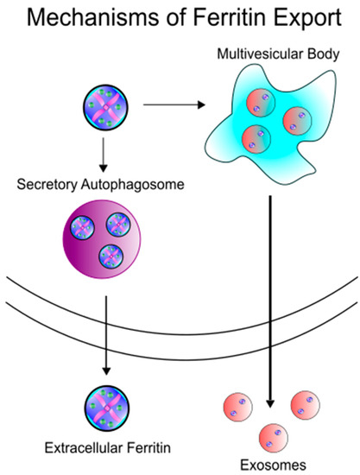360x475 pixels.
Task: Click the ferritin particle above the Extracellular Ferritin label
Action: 104,406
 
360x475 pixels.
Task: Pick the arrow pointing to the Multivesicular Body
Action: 173,106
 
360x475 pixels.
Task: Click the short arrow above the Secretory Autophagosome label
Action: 104,153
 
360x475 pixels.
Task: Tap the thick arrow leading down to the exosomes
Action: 273,302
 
